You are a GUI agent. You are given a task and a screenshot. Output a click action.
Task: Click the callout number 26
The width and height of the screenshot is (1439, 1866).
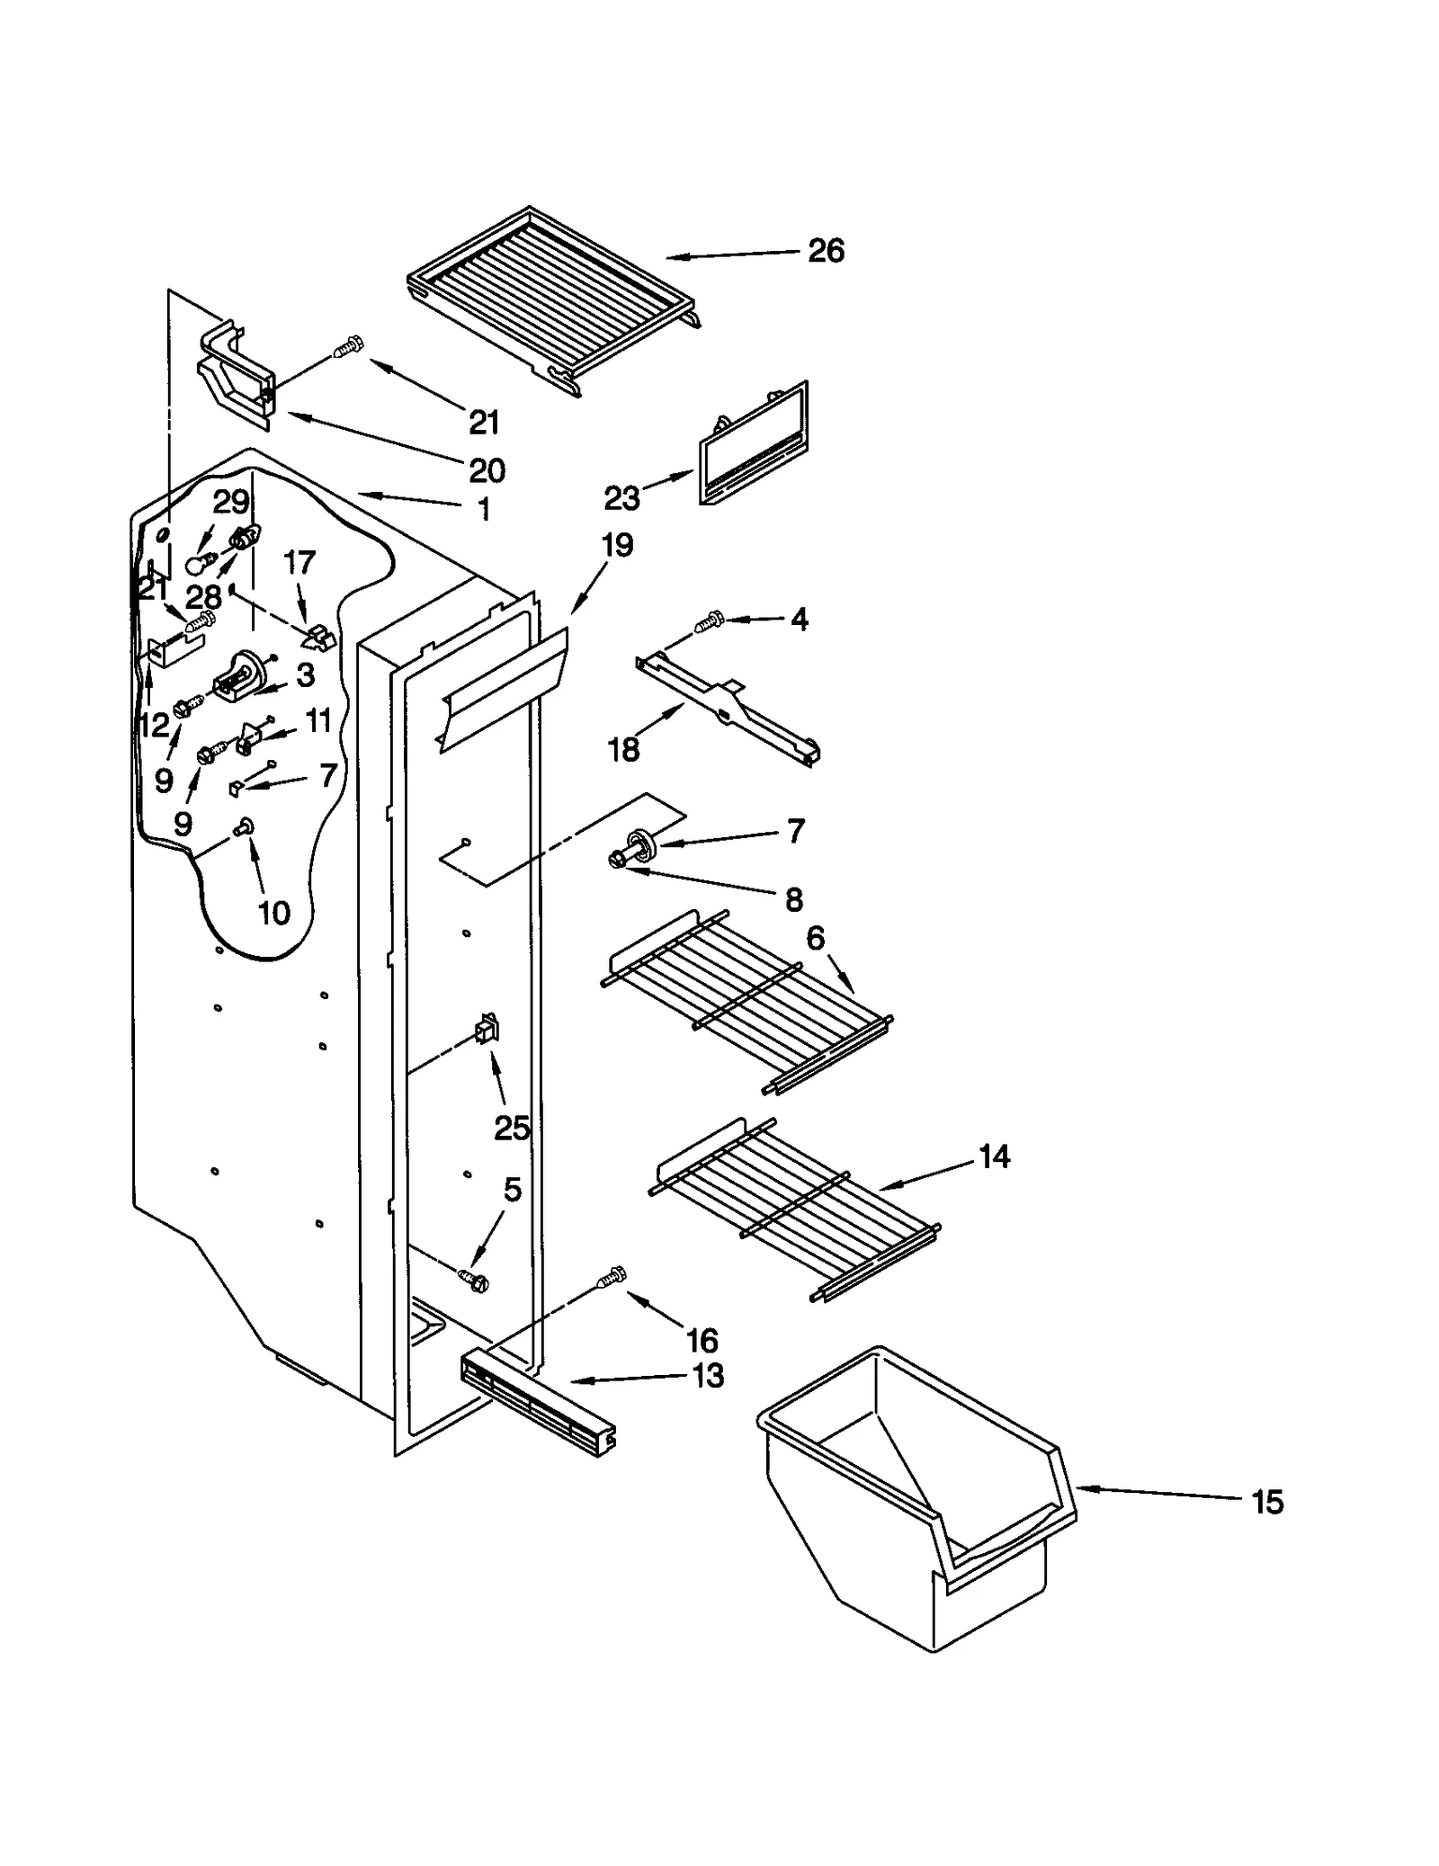[825, 251]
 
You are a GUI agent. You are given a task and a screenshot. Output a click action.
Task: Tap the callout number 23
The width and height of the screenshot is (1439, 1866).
[621, 497]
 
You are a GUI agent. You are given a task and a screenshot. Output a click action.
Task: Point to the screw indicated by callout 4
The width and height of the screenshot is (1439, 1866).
[710, 620]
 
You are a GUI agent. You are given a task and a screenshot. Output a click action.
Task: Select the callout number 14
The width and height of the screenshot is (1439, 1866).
[993, 1156]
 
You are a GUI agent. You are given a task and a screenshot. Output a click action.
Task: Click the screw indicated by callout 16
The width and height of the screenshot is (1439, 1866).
[612, 1278]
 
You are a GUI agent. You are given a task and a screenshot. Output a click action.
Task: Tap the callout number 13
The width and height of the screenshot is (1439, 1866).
[708, 1376]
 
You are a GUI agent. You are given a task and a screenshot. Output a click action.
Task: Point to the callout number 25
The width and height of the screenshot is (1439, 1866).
[512, 1128]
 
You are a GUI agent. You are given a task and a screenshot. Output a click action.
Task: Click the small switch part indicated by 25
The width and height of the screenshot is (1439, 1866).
[487, 1029]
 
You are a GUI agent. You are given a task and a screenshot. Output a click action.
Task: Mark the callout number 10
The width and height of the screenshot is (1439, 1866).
[273, 913]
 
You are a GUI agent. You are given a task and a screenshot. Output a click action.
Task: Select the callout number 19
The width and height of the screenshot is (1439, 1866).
[617, 545]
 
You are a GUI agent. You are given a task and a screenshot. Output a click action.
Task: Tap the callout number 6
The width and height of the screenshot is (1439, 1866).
[815, 939]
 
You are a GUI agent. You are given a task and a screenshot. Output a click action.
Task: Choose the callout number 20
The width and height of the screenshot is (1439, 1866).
[487, 470]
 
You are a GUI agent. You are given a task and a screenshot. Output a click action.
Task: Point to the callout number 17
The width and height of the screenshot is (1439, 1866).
[299, 563]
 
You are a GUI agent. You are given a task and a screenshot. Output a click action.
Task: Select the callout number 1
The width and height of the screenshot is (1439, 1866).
[484, 510]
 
